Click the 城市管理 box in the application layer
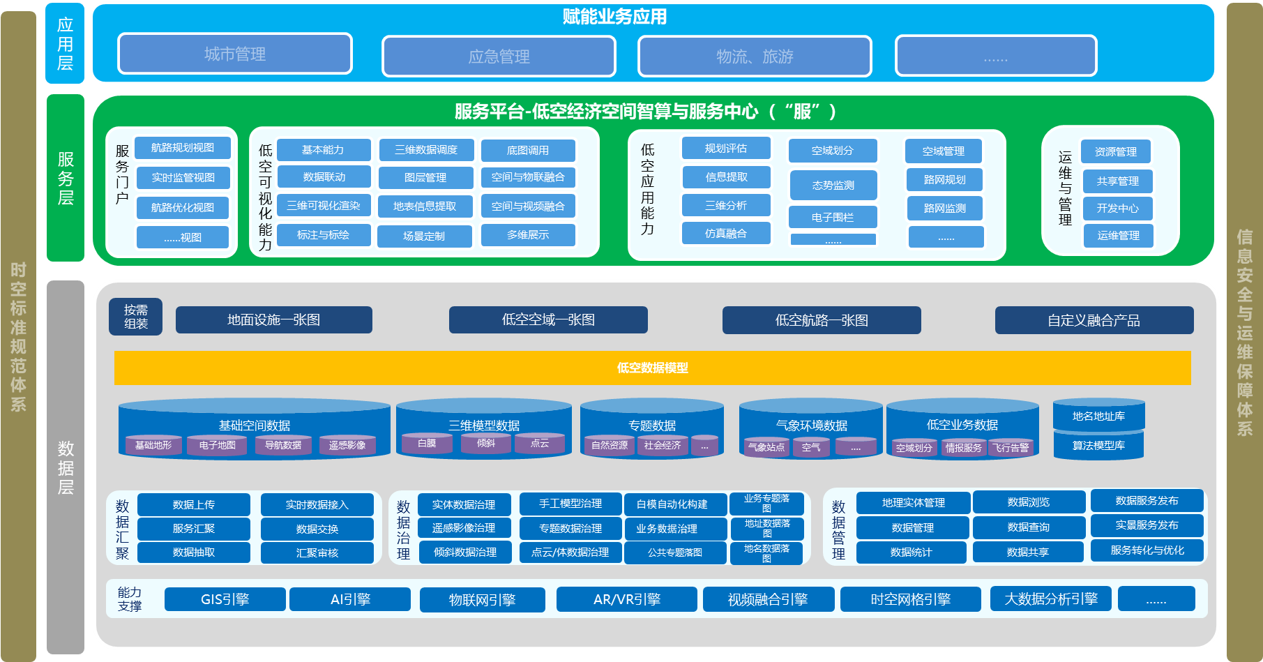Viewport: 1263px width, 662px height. [x=235, y=54]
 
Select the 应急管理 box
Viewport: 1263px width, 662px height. [x=499, y=56]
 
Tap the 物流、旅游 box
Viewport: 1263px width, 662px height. [x=755, y=56]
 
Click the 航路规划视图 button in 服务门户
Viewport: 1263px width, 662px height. [x=183, y=148]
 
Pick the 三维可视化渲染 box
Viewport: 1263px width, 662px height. [x=324, y=206]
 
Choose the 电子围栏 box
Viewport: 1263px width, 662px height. [x=833, y=217]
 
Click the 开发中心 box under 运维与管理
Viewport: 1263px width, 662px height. [x=1117, y=209]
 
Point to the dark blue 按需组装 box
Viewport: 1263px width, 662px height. [x=136, y=317]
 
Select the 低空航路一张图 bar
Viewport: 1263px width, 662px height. [x=822, y=320]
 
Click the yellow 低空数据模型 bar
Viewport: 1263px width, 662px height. [x=652, y=368]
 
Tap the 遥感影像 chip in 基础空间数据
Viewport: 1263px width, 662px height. [x=347, y=445]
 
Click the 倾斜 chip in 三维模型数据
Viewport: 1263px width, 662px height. [x=486, y=443]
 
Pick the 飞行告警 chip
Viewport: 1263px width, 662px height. [x=1011, y=448]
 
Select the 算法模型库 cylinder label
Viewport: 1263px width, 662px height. [x=1098, y=445]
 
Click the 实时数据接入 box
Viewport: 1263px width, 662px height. [x=317, y=504]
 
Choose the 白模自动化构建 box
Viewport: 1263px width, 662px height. [x=672, y=504]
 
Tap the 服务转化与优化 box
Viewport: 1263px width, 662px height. [x=1147, y=550]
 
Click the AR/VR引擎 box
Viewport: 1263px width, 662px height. [x=627, y=599]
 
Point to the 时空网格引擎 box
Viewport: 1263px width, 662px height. [x=910, y=599]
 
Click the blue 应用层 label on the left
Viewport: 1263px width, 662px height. [x=65, y=43]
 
